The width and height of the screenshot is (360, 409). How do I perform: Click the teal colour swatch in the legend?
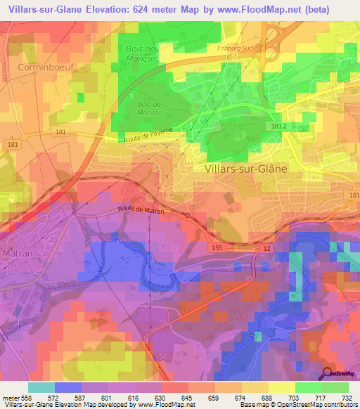41,387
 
